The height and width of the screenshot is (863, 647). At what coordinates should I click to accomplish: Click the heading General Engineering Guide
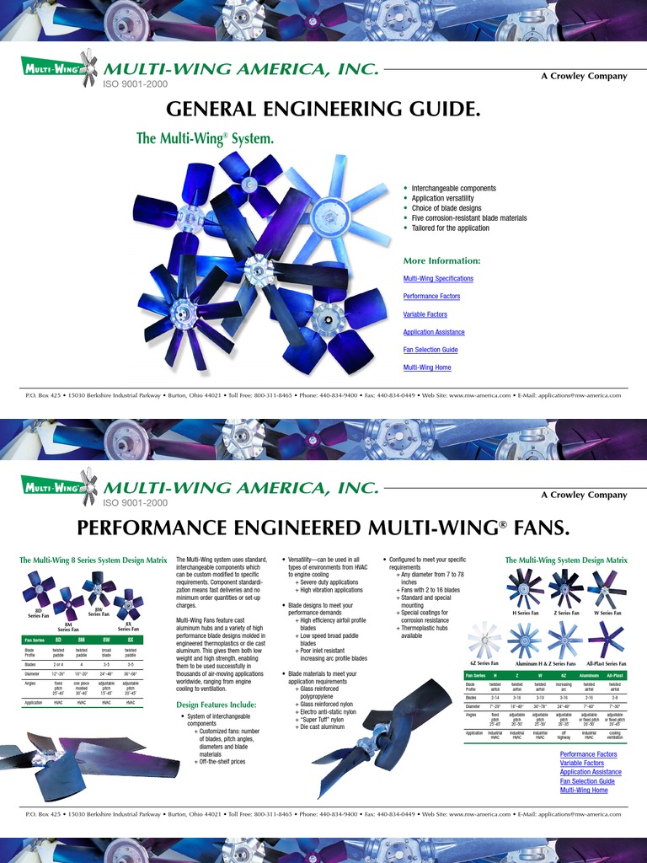click(x=323, y=110)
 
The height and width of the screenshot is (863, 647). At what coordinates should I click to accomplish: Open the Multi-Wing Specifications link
click(x=438, y=278)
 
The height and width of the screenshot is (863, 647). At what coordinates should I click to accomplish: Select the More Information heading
click(x=441, y=260)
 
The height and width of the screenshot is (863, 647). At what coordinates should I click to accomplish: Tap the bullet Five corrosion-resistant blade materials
click(x=469, y=218)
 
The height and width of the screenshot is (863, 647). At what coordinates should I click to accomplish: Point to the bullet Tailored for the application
click(x=451, y=228)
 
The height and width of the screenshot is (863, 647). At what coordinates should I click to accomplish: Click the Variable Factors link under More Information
click(x=425, y=314)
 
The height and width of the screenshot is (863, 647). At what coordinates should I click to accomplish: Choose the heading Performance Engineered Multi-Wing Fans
click(x=323, y=528)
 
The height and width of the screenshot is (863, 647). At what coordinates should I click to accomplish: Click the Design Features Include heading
click(x=216, y=705)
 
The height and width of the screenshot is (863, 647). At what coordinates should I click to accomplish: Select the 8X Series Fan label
click(x=128, y=627)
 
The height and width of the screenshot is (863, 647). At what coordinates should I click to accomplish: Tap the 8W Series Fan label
click(x=99, y=612)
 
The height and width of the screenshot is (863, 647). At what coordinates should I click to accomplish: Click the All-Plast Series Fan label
click(x=606, y=663)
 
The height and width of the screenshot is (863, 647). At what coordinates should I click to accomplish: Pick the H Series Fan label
click(x=525, y=613)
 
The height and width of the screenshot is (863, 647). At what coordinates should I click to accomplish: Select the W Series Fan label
click(x=607, y=613)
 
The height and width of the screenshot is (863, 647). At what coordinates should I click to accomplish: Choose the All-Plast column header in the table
click(x=615, y=676)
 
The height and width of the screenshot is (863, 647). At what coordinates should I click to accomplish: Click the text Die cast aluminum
click(x=323, y=726)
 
